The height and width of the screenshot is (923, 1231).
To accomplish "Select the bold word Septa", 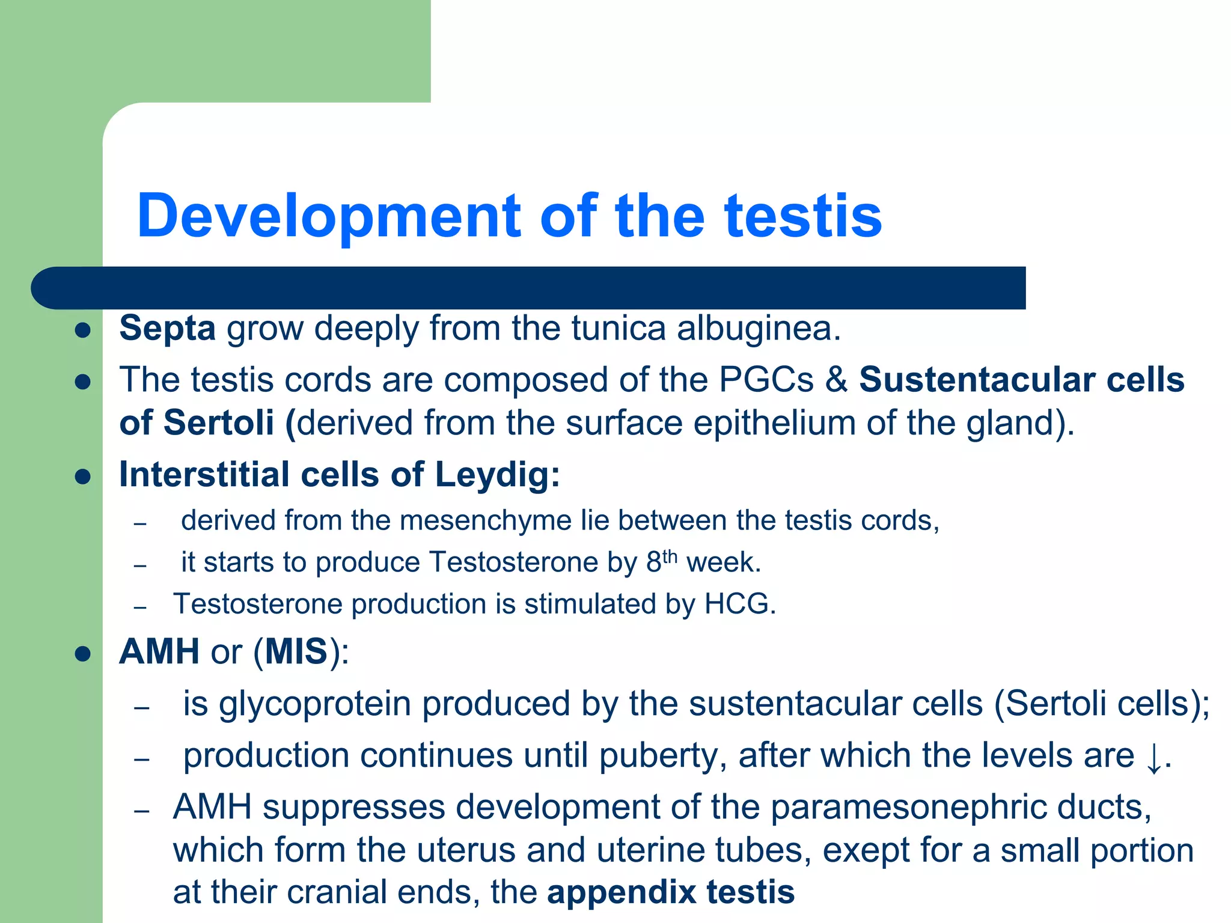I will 167,329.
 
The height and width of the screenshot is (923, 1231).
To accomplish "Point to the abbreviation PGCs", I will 766,380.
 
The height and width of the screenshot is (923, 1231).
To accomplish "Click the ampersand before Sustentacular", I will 836,380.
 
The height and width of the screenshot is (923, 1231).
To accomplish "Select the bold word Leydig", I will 496,475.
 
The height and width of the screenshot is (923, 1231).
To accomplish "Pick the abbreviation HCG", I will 740,604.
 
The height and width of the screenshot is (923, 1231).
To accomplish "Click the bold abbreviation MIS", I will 296,651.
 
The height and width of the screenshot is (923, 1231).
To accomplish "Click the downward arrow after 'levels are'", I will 1153,758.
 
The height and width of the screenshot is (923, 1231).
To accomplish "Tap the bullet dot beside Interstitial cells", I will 83,477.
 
